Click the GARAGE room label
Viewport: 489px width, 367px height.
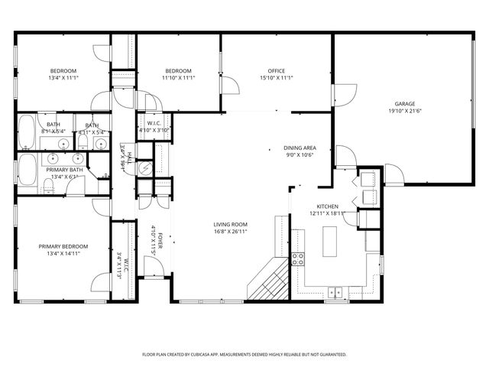[x=404, y=103]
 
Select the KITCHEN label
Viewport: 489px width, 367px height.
[x=328, y=207]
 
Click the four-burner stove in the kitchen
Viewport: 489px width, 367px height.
[x=299, y=258]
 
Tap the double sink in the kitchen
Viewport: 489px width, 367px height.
[x=335, y=291]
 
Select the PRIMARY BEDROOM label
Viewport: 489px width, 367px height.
[x=63, y=246]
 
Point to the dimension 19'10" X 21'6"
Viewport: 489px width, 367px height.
[x=404, y=110]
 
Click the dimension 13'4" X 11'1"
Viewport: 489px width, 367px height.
[x=63, y=78]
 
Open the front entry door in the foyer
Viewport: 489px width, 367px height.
[x=154, y=267]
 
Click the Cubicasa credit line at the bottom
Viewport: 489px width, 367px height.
[x=244, y=355]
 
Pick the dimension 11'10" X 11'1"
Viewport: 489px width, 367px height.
[x=178, y=78]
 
